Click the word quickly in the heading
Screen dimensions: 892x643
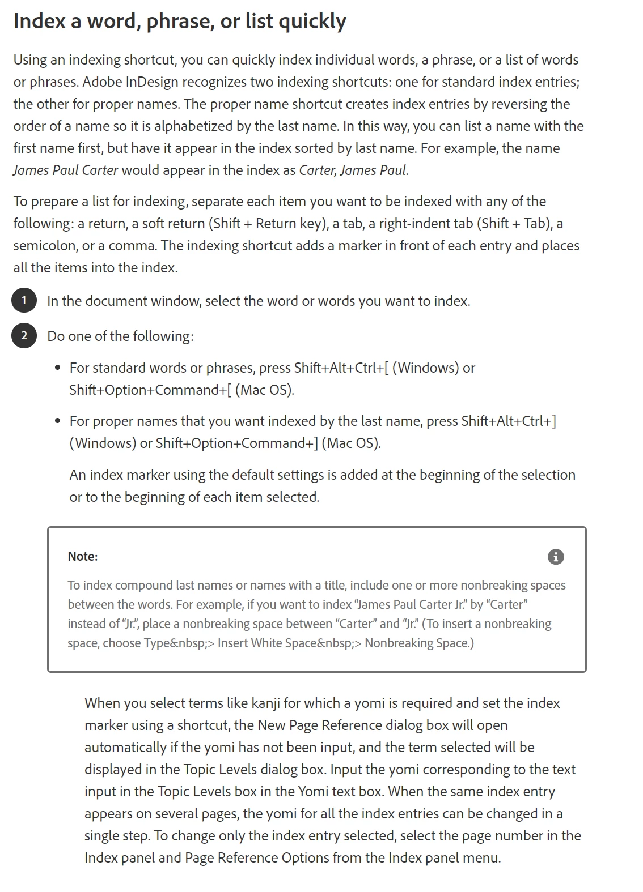312,22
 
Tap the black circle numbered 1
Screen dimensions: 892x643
24,300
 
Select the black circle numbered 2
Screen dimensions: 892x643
24,335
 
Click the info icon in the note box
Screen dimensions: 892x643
556,557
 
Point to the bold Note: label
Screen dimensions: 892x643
83,556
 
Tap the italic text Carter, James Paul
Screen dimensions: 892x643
353,170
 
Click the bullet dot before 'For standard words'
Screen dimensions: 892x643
58,368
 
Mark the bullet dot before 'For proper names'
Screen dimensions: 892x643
58,421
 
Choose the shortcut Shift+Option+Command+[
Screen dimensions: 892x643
150,390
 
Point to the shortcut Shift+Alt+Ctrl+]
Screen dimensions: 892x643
509,421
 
